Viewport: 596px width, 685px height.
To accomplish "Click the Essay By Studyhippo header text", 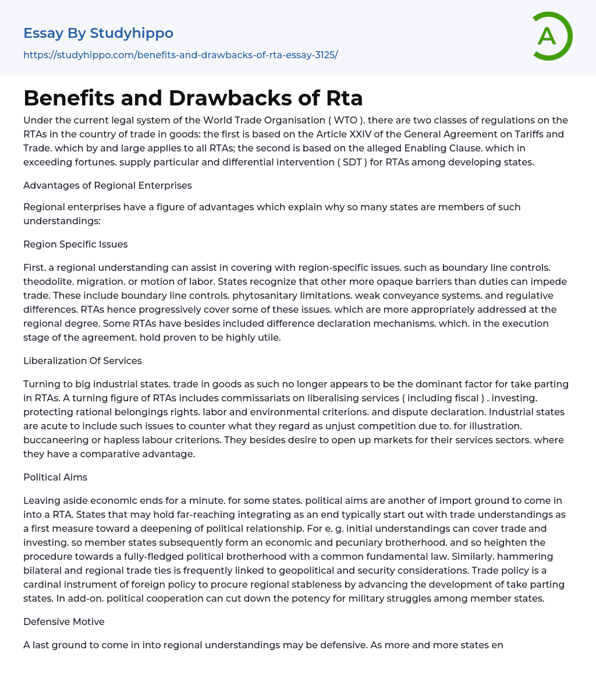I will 98,34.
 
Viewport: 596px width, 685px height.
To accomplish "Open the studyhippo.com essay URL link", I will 180,55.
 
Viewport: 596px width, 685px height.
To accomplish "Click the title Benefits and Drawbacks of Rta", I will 193,98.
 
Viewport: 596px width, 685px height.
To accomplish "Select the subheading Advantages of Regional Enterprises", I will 108,185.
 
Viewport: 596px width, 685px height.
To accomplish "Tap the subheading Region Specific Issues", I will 76,244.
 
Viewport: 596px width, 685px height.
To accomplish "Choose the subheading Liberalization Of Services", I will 83,361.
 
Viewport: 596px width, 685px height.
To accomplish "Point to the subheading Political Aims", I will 55,477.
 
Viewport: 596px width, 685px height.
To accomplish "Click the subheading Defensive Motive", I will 64,622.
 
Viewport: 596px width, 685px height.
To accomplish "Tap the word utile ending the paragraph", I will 268,337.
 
